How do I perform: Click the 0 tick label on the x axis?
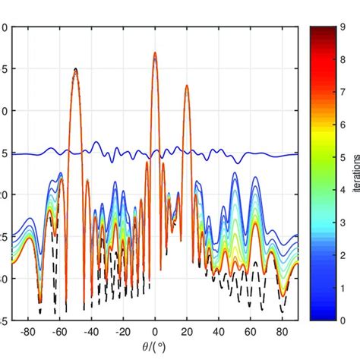(x=155, y=332)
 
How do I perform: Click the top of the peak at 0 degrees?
(x=155, y=53)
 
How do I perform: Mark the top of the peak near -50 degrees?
(x=75, y=69)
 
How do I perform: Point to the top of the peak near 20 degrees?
(x=187, y=86)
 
